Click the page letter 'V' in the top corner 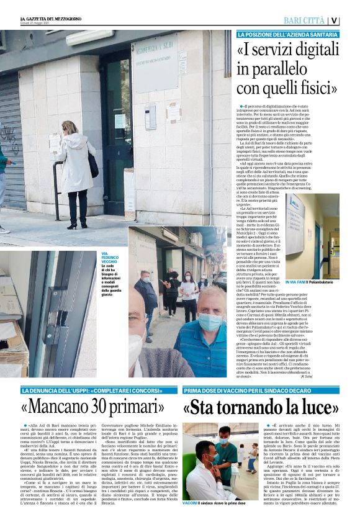[x=335, y=20]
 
